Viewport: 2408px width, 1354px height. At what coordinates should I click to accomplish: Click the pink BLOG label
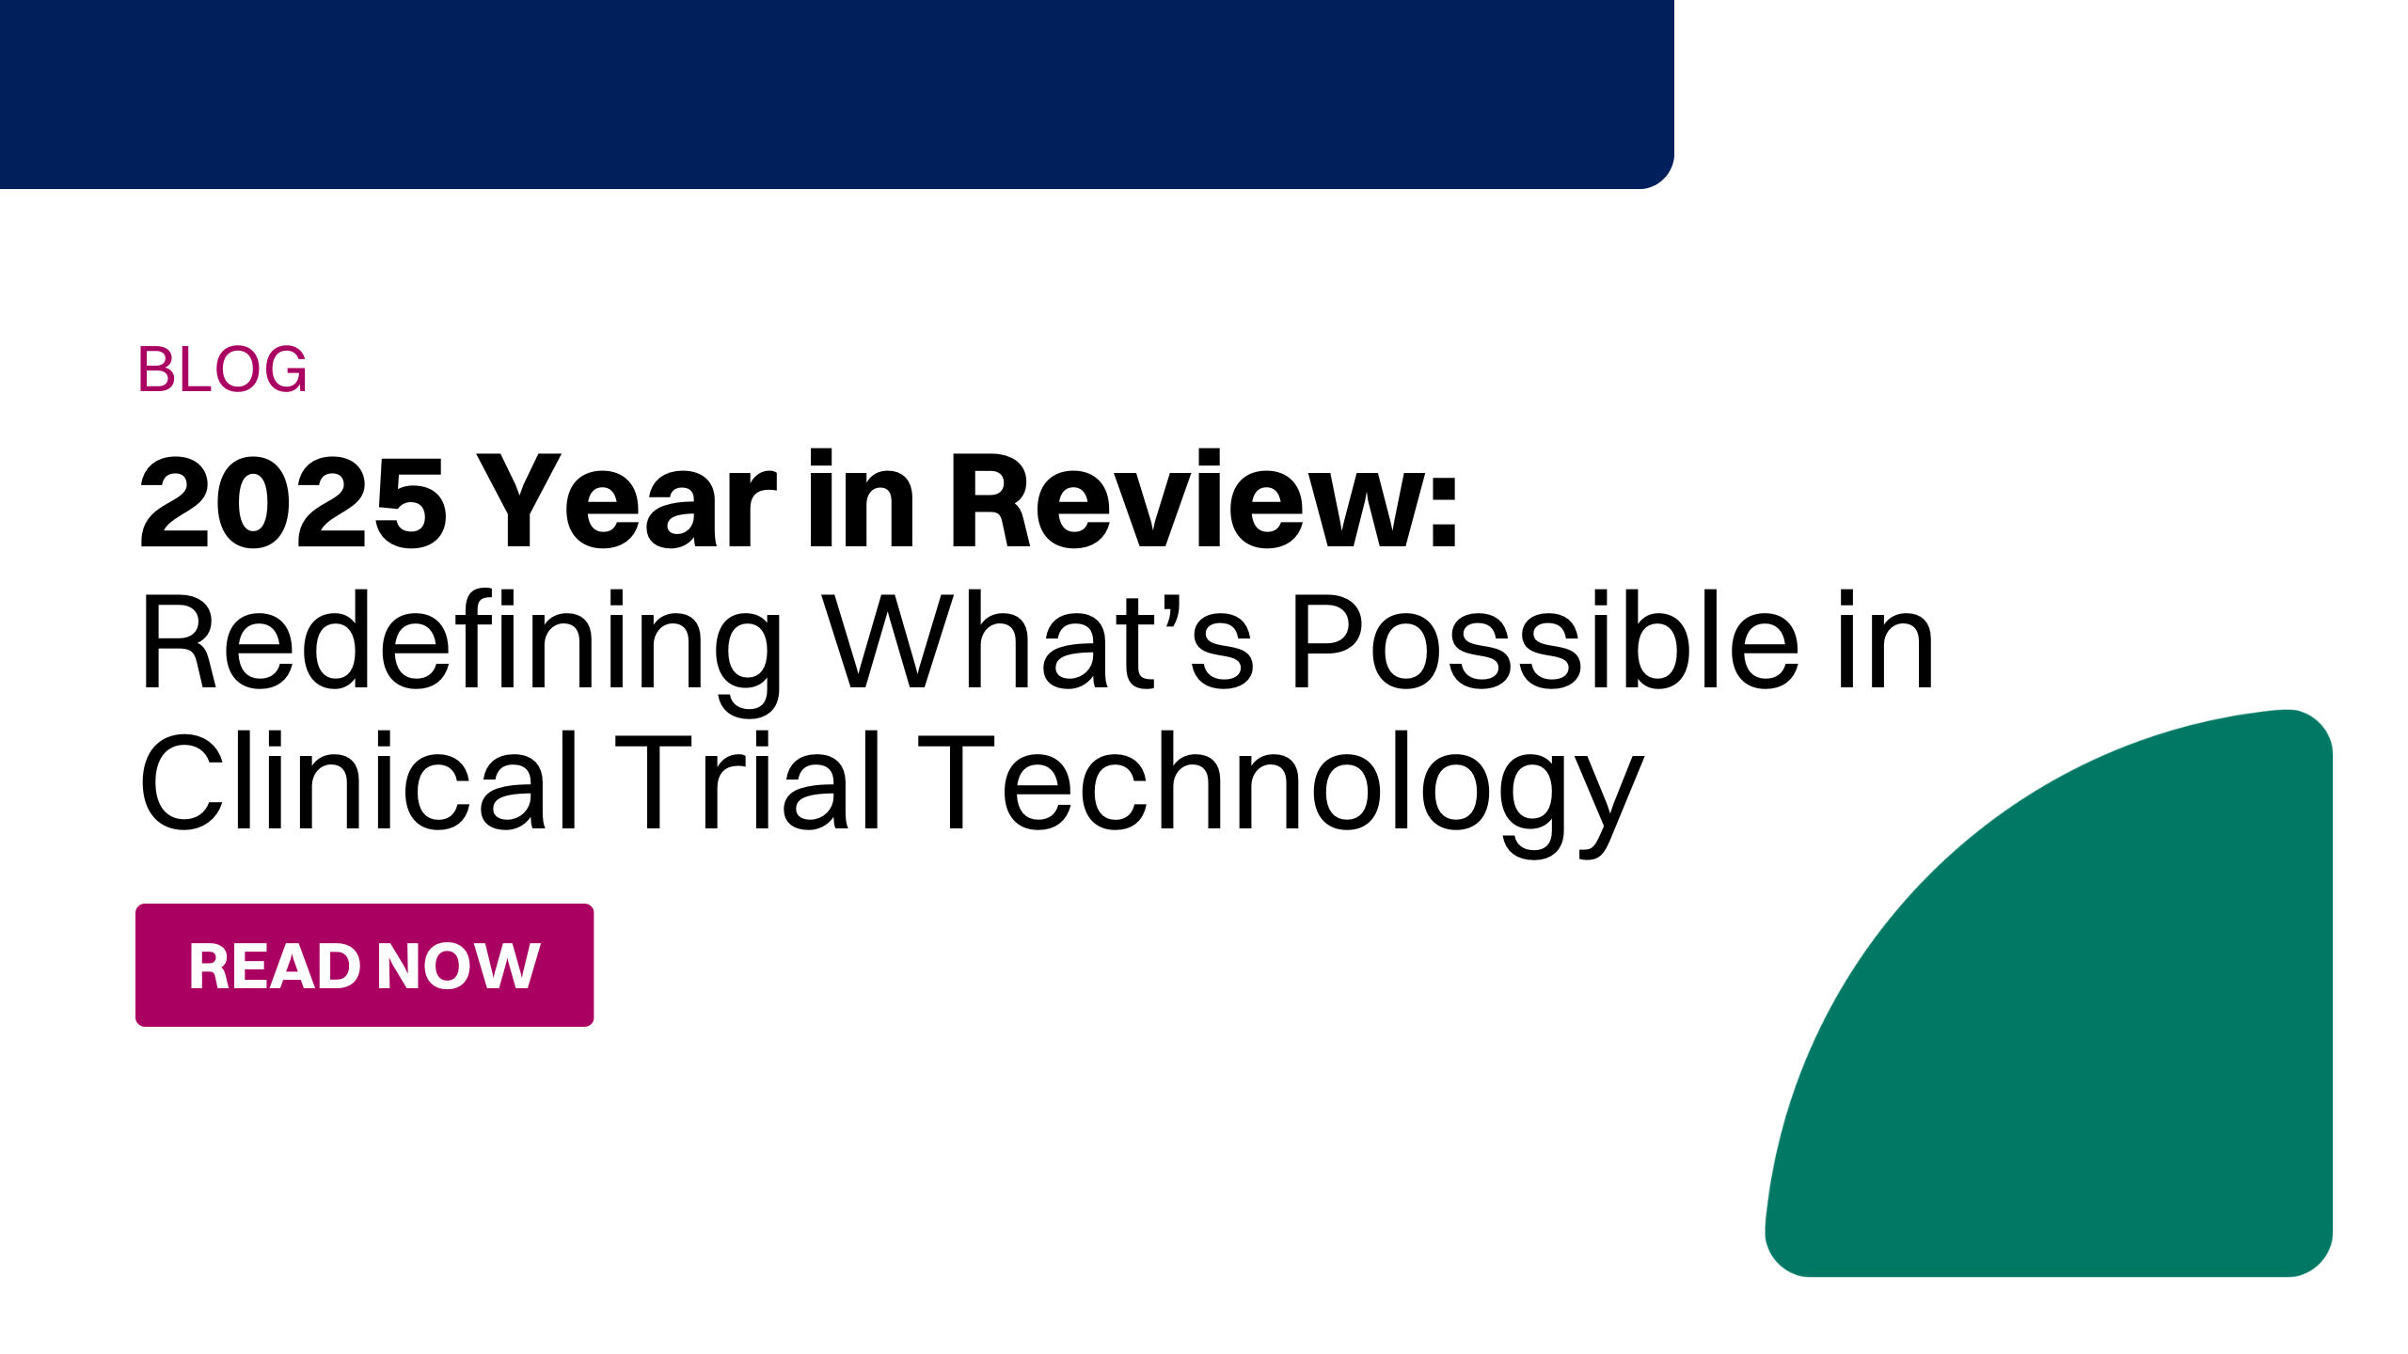[222, 369]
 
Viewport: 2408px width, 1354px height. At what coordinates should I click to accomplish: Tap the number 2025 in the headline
[293, 502]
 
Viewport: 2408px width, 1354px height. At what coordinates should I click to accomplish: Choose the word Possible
[1545, 640]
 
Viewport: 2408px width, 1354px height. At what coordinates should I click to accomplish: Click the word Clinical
[358, 780]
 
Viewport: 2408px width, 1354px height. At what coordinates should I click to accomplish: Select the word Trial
[748, 780]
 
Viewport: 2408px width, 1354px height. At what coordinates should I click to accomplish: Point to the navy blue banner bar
[837, 94]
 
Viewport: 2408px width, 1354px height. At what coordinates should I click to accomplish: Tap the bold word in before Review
[861, 499]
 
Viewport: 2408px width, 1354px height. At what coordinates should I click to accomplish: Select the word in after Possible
[1887, 640]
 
